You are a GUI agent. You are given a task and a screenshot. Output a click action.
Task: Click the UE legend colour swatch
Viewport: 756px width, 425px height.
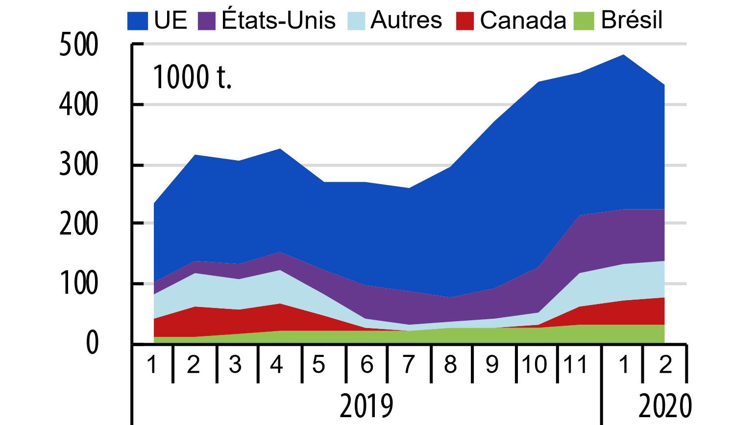138,21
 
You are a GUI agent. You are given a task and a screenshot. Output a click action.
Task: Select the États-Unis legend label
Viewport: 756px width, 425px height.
278,21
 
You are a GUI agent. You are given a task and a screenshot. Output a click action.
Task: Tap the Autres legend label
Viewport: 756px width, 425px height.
406,21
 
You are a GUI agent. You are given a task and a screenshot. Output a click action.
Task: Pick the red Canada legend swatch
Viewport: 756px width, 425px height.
464,21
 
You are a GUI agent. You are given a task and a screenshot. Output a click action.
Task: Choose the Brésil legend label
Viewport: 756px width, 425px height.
632,21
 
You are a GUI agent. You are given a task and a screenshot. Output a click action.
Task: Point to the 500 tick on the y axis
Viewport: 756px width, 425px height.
78,45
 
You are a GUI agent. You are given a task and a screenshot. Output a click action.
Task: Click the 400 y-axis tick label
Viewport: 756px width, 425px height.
78,105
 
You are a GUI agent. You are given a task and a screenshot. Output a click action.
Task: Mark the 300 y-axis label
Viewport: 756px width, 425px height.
78,165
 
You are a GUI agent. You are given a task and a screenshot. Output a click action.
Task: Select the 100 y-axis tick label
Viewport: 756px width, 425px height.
78,284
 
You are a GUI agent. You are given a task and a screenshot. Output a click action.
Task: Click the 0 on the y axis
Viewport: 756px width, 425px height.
92,344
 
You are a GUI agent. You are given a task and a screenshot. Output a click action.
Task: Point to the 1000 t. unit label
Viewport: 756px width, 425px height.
192,77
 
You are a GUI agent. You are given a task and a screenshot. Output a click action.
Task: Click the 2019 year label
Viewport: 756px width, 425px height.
366,405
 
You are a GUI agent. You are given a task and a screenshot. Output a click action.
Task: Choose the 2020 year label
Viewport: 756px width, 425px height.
665,405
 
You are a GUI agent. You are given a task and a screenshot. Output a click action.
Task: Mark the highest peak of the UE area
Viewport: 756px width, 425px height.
623,55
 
